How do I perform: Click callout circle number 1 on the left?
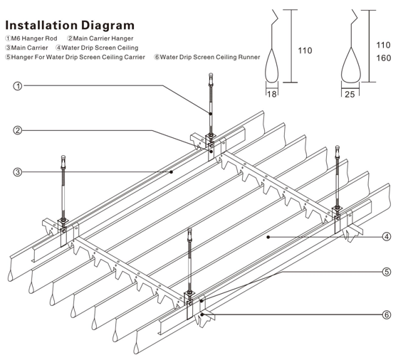[x=17, y=86]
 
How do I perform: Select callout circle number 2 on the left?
[x=17, y=130]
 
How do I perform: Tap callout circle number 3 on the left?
[x=17, y=171]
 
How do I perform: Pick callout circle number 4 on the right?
[x=386, y=237]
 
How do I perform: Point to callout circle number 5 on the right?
[x=386, y=272]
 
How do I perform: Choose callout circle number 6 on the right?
[x=386, y=314]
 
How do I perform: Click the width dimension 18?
[x=271, y=93]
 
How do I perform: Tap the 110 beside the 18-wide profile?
[x=305, y=51]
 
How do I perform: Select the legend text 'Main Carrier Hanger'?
[x=104, y=38]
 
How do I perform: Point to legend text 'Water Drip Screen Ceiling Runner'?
[x=210, y=56]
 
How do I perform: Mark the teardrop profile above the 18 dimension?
[x=271, y=68]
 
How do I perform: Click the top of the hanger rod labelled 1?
[x=211, y=75]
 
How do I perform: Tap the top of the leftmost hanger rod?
[x=64, y=158]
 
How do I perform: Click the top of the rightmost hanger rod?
[x=337, y=148]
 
